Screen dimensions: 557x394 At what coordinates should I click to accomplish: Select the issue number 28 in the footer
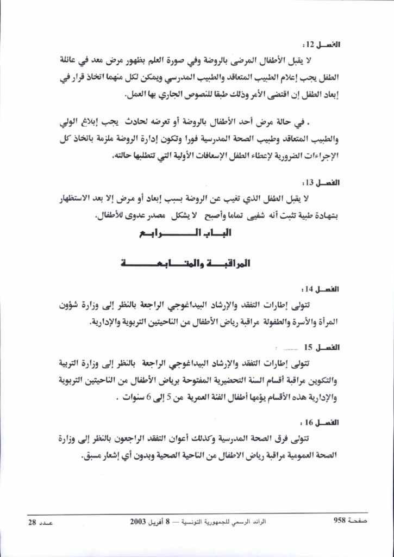[x=32, y=522]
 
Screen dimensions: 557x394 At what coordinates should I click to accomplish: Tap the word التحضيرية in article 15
[x=226, y=380]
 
